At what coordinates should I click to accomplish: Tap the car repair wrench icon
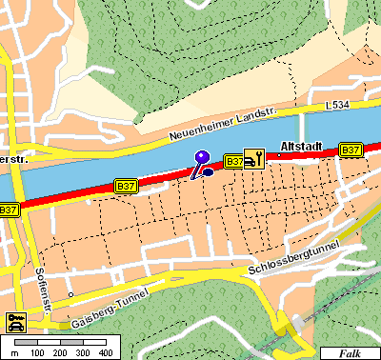tap(253, 158)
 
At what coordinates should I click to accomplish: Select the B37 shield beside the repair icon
tap(233, 162)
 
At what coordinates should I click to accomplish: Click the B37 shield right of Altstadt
tap(351, 150)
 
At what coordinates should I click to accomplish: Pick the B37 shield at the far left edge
tap(9, 210)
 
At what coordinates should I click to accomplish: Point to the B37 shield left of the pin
tap(126, 186)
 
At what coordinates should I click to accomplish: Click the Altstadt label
tap(302, 147)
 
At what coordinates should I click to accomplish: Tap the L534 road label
tap(338, 106)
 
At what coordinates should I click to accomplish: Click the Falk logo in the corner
tap(350, 352)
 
